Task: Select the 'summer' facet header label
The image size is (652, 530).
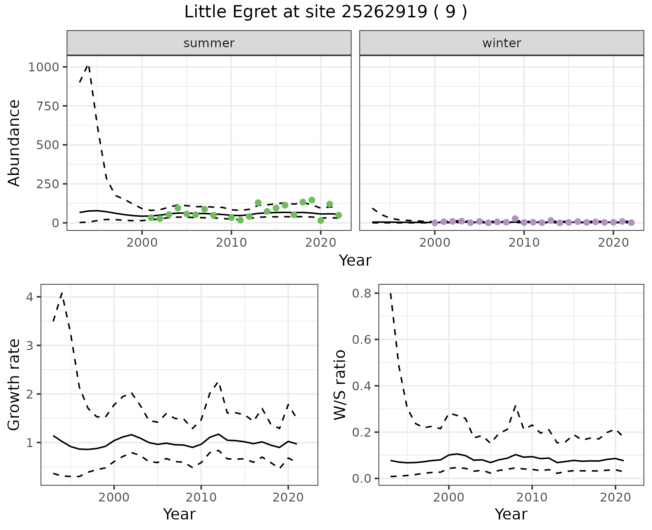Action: [x=209, y=43]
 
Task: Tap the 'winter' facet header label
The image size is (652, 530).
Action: [x=502, y=43]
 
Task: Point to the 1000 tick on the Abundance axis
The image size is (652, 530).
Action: [x=44, y=67]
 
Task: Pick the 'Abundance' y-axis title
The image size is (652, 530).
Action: [x=14, y=143]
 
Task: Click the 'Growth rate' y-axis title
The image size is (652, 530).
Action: [x=14, y=385]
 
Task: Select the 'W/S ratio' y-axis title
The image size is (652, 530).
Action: [x=340, y=385]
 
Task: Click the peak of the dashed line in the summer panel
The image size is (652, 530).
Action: [x=88, y=65]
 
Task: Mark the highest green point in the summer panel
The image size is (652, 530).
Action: [x=312, y=200]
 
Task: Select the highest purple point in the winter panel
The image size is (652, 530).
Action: [x=515, y=218]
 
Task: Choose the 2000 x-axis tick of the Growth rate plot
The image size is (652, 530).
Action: [x=114, y=497]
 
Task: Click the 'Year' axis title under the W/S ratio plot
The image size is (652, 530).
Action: [x=511, y=514]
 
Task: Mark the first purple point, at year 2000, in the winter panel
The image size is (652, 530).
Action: [x=435, y=223]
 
